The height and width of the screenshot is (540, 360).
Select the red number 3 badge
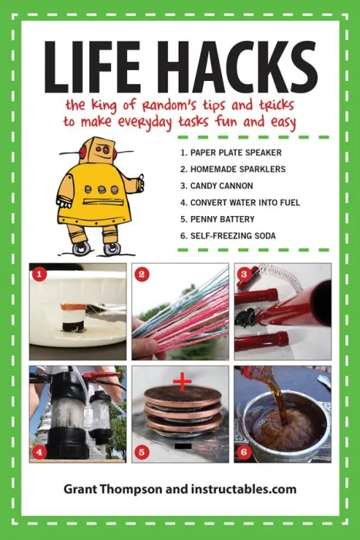coord(244,273)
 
